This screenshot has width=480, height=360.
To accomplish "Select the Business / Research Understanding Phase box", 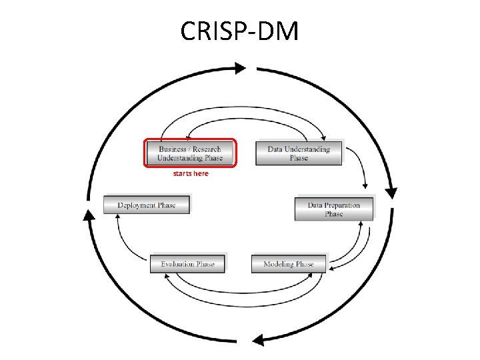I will (191, 153).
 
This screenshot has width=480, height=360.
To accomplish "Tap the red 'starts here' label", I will (191, 173).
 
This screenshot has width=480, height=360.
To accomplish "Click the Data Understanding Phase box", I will (299, 153).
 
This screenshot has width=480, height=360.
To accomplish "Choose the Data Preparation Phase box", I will (334, 209).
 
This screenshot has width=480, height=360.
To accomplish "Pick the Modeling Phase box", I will (289, 264).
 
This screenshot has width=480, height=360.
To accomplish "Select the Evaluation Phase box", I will (187, 264).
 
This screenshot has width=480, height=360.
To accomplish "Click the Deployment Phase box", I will (147, 205).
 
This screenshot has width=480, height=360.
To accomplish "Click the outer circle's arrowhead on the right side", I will (391, 191).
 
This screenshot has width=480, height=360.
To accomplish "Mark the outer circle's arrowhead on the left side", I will (88, 215).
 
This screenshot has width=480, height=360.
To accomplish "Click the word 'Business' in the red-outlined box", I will (173, 149).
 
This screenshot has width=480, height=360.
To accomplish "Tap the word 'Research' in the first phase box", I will (207, 149).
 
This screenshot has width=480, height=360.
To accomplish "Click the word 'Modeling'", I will (279, 264).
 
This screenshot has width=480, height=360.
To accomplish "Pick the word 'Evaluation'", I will (178, 264).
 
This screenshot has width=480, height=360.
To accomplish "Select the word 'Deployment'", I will (137, 205).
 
